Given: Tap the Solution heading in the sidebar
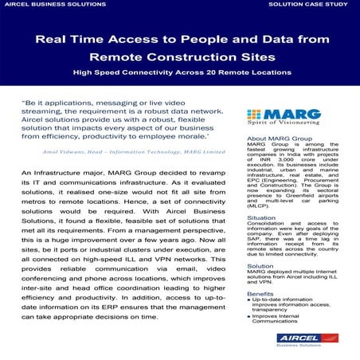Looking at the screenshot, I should (239, 265).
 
